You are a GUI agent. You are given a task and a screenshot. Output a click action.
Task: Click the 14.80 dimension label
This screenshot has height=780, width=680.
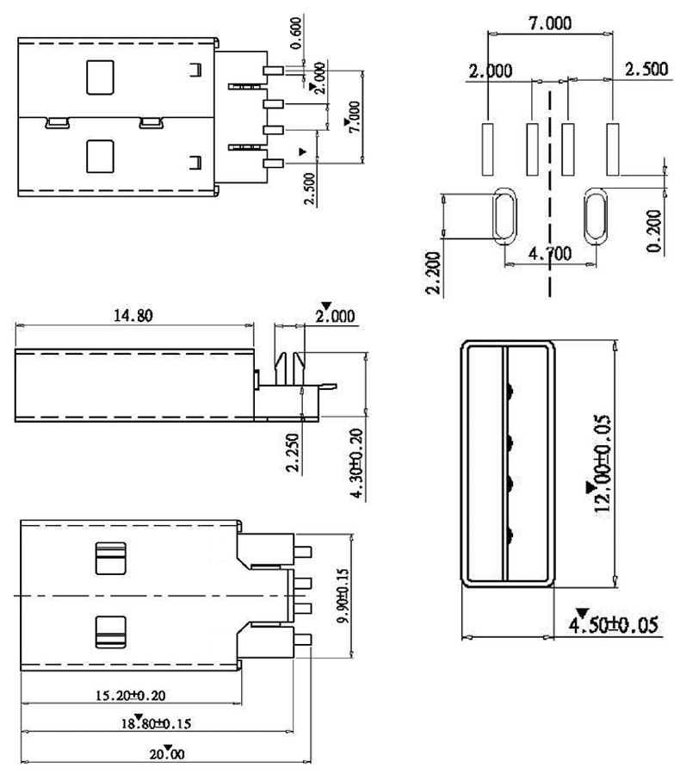click(133, 315)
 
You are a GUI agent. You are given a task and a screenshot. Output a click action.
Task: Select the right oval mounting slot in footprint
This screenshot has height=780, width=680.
click(595, 216)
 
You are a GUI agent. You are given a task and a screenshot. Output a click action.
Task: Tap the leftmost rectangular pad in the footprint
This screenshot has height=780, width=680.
click(487, 145)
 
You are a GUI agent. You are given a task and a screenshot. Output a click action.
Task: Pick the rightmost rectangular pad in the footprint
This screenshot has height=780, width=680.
click(613, 145)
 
